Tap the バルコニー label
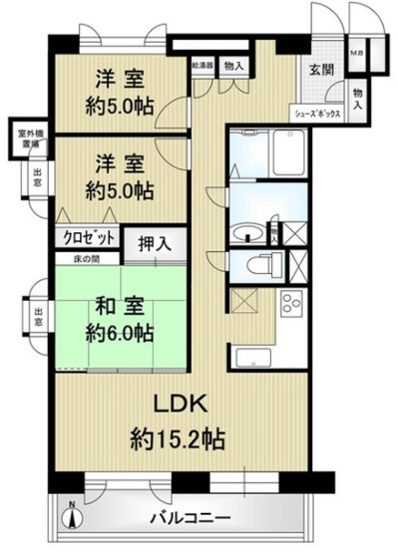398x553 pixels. tap(192, 518)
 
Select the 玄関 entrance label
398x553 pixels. tap(321, 70)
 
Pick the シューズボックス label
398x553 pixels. tap(319, 114)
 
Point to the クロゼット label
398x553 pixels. tap(87, 238)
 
